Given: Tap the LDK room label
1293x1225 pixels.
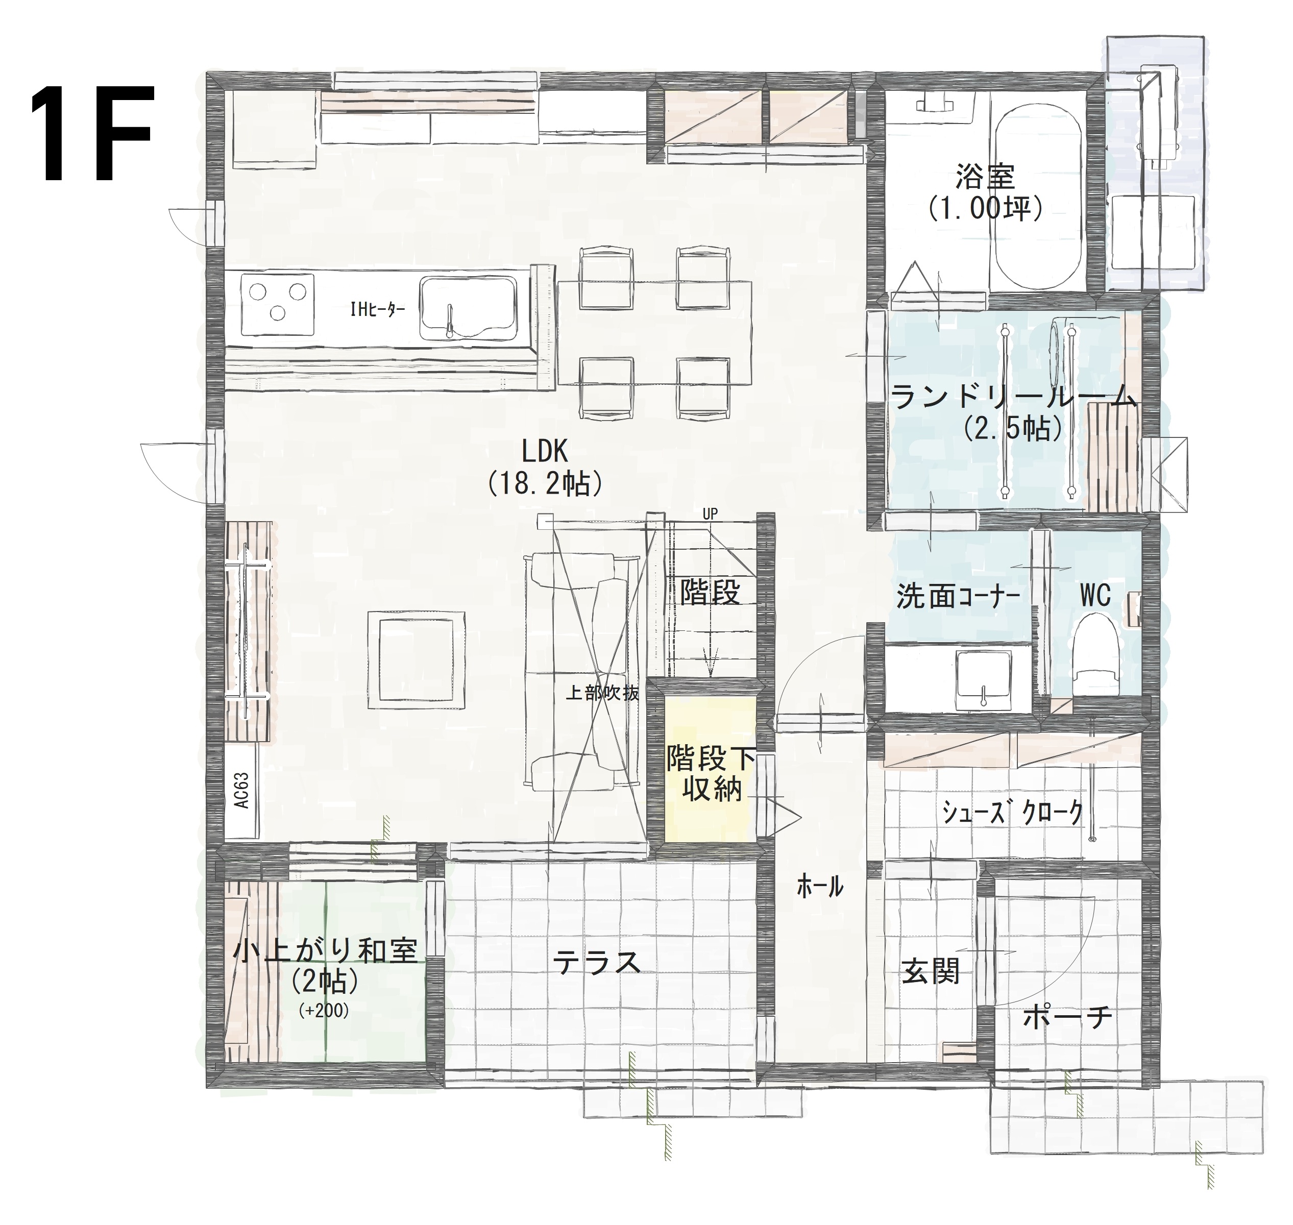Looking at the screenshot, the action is pyautogui.click(x=545, y=451).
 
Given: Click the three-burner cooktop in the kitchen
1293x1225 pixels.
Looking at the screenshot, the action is pyautogui.click(x=278, y=305).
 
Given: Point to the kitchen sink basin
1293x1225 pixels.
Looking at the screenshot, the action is pyautogui.click(x=468, y=308).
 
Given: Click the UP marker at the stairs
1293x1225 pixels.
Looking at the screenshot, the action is pyautogui.click(x=710, y=514).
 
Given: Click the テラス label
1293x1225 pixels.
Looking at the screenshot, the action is pyautogui.click(x=596, y=963).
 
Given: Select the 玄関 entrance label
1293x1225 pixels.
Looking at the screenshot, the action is pyautogui.click(x=931, y=972).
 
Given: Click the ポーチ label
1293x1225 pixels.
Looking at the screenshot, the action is pyautogui.click(x=1067, y=1017).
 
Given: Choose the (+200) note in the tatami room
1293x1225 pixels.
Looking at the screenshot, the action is pyautogui.click(x=324, y=1010).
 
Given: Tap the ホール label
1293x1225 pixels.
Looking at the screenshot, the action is pyautogui.click(x=820, y=886).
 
